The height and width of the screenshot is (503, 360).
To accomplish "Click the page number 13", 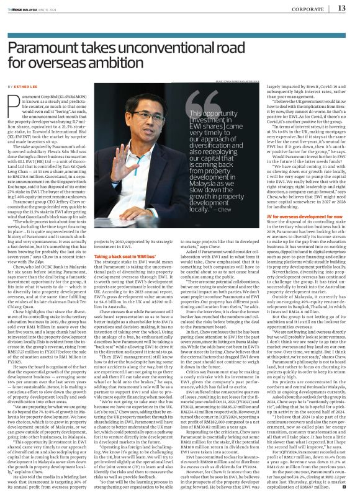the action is (341, 8).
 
